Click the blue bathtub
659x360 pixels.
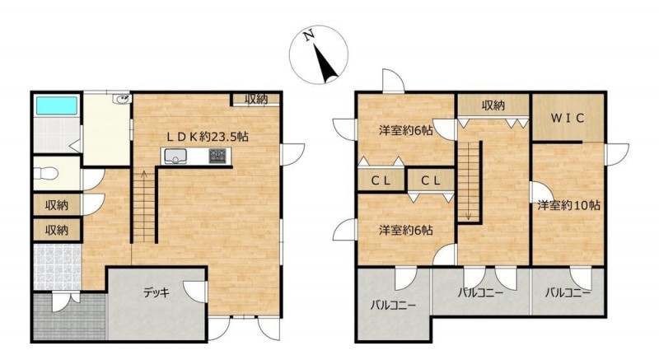[x=57, y=105]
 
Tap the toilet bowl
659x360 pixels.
[x=46, y=173]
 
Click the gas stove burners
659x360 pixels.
[x=217, y=156]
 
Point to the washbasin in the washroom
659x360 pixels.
[x=123, y=99]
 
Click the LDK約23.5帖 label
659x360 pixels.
[x=208, y=137]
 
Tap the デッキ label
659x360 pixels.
[x=157, y=292]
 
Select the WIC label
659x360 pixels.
[x=568, y=118]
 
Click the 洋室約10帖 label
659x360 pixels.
[x=568, y=205]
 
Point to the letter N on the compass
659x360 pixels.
[x=310, y=35]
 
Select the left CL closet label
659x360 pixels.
[x=381, y=181]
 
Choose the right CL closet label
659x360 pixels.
[x=431, y=181]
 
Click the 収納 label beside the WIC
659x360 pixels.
[x=493, y=105]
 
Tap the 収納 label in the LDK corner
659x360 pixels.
[x=256, y=99]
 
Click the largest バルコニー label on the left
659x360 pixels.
[x=393, y=306]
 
